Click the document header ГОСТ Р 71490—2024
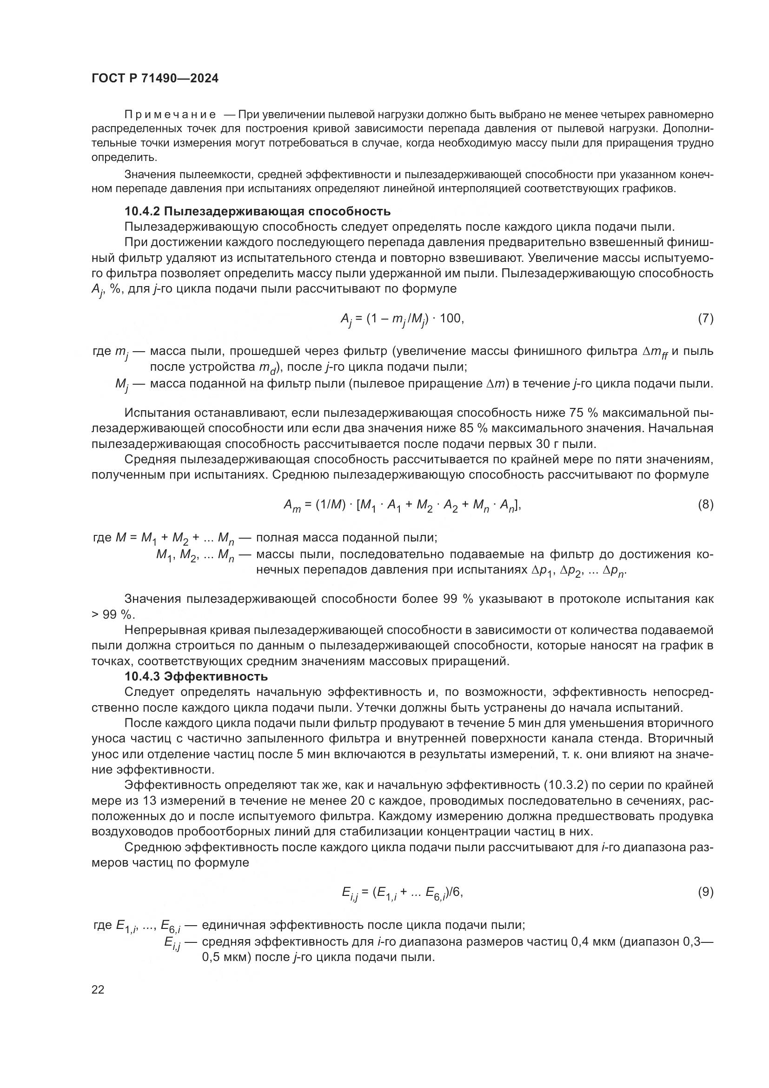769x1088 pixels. [x=155, y=79]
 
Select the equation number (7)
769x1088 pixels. [x=705, y=319]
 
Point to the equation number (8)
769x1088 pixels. [x=705, y=505]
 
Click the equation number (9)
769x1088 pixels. [x=705, y=892]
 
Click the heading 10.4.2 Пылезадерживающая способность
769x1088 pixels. [x=258, y=211]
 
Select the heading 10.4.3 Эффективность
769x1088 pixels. [x=196, y=676]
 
